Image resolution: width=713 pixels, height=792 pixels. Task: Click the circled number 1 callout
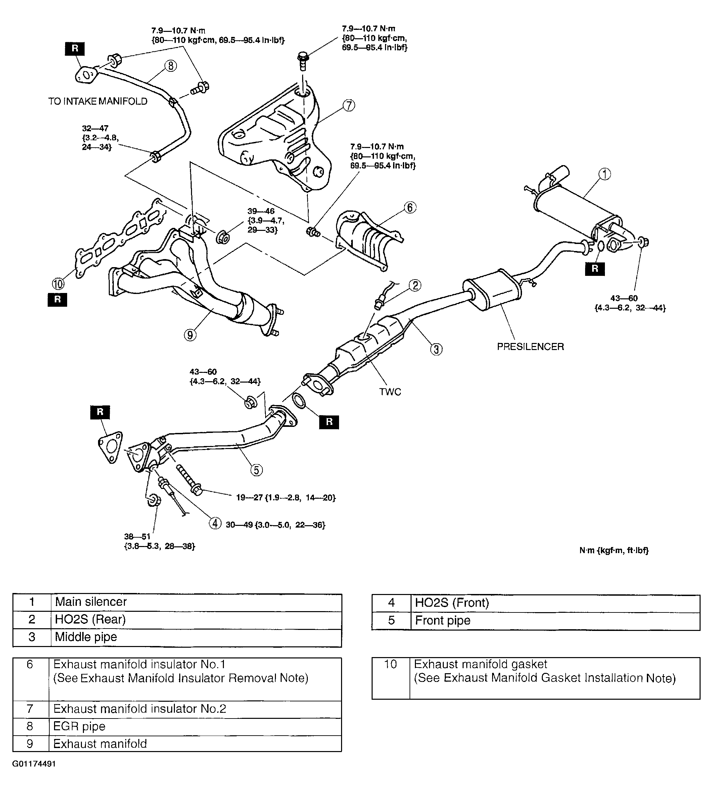click(x=605, y=174)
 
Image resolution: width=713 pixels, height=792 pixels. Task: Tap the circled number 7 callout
click(x=349, y=105)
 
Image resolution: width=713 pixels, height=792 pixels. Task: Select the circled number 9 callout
click(x=190, y=335)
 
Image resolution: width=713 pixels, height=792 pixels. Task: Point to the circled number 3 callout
click(x=436, y=349)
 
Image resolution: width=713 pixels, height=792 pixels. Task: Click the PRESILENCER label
click(x=530, y=347)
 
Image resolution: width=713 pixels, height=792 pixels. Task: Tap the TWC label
click(x=390, y=392)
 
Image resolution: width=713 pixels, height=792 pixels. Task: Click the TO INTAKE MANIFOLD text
click(x=98, y=101)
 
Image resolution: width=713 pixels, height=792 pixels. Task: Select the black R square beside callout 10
click(x=57, y=300)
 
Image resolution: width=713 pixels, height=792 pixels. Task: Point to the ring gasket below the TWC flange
click(x=299, y=401)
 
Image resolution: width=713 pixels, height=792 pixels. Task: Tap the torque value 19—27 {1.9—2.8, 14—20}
click(x=286, y=498)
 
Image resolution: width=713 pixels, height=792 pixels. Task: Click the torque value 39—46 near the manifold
click(x=266, y=220)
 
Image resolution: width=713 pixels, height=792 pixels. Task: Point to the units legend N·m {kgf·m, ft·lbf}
click(x=614, y=550)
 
